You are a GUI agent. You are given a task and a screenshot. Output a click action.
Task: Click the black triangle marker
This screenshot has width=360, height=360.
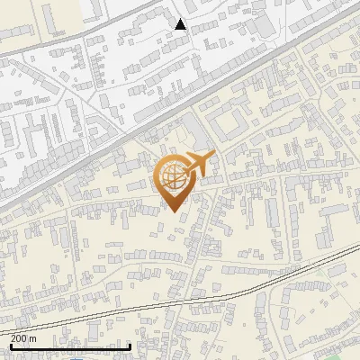[x=181, y=24]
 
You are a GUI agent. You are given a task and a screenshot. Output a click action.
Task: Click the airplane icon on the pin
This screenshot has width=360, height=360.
[x=197, y=165]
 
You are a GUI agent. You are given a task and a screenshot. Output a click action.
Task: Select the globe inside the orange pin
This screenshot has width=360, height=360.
[x=174, y=176]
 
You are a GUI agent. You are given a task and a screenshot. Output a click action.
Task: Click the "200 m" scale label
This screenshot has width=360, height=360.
[x=24, y=338]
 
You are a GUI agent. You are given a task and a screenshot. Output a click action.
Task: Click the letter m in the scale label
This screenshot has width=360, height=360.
[x=34, y=338]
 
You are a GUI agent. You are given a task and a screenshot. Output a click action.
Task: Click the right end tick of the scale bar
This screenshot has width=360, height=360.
[x=131, y=345]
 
